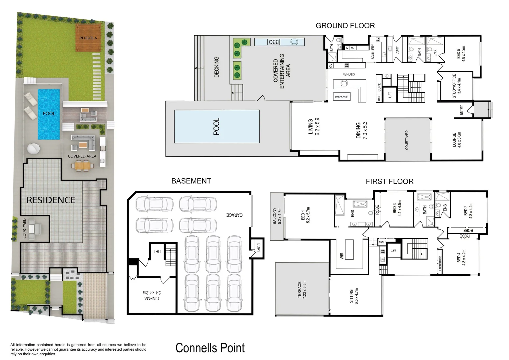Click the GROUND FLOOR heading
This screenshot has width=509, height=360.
pos(345,26)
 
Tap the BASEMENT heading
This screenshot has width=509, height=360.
pos(191,181)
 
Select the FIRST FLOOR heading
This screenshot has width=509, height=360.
pos(389,182)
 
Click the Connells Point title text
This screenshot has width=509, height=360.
pos(210,348)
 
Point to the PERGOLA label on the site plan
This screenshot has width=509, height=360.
pos(88,38)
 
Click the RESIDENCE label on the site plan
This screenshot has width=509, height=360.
pos(51,200)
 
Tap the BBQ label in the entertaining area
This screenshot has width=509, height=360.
pos(274,42)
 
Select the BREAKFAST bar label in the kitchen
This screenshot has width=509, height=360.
pos(341,97)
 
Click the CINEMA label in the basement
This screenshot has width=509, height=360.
pos(152,296)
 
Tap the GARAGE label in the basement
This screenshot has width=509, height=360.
pos(235,215)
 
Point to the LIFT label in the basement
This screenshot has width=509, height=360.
pos(157,251)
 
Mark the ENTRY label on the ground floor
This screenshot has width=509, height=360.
pos(461,110)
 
